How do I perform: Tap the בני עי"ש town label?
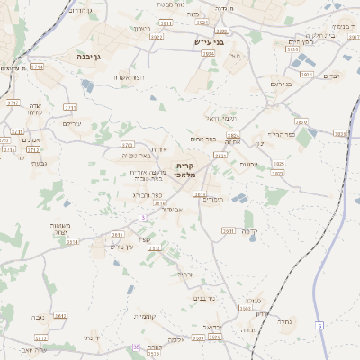[208, 41]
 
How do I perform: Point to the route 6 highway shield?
[319, 325]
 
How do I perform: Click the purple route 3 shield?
[142, 218]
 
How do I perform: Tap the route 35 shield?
[137, 346]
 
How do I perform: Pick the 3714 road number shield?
[37, 67]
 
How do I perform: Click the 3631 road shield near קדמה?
[229, 230]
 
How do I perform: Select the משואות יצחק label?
[61, 229]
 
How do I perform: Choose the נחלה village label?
[285, 321]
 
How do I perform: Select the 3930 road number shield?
[340, 133]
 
